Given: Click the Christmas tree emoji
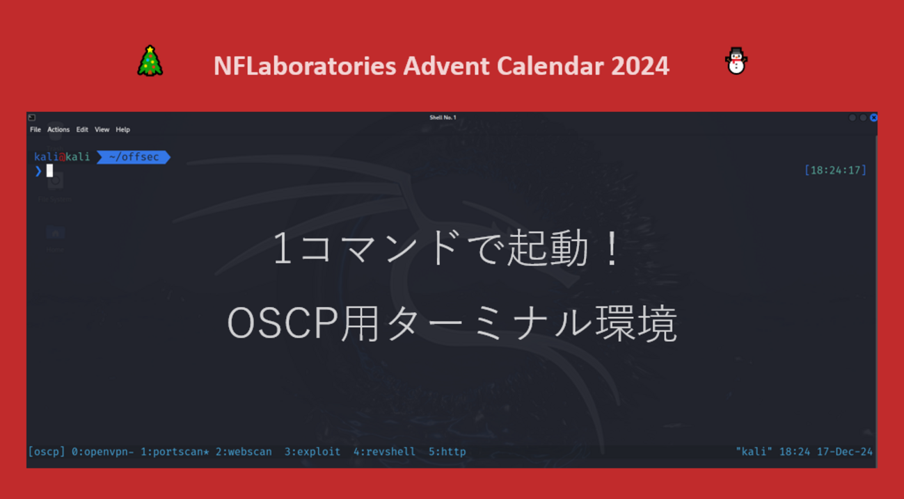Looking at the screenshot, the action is coord(150,60).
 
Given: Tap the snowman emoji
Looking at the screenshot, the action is coord(736,61).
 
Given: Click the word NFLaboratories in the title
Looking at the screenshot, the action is coord(305,66).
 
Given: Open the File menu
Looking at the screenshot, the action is coord(35,129).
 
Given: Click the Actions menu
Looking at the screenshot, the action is coord(58,129).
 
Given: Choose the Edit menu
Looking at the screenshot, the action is coord(82,129).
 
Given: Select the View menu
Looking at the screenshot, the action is coord(102,129).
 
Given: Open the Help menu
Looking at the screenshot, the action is coord(122,129).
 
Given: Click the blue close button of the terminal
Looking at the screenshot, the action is coord(873,117).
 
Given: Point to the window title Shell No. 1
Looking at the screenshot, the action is coord(443,117).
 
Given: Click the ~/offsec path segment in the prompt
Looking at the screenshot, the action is coord(134,157).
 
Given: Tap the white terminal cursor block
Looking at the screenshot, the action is coord(49,170).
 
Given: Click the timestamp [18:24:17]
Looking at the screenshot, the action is coord(835,170).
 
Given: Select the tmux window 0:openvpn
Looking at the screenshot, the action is coord(102,452).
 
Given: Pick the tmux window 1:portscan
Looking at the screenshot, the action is coord(175,452).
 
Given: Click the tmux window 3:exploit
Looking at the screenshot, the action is coord(312,452).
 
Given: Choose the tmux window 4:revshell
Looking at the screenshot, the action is coord(384,452).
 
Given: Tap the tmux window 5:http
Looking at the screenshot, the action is coord(447,452).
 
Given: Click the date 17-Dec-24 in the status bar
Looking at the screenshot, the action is coord(845,452).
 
